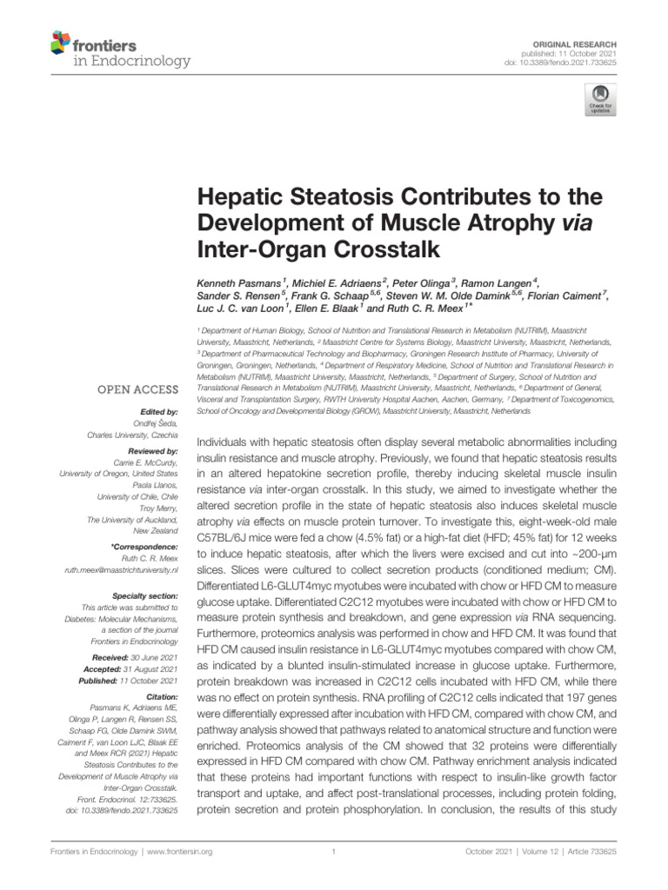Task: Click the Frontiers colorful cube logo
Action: [x=60, y=40]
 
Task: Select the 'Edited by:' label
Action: [x=157, y=411]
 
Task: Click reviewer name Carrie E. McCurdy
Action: [x=145, y=463]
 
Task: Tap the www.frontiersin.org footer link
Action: [x=180, y=852]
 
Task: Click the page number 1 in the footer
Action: [x=334, y=852]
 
